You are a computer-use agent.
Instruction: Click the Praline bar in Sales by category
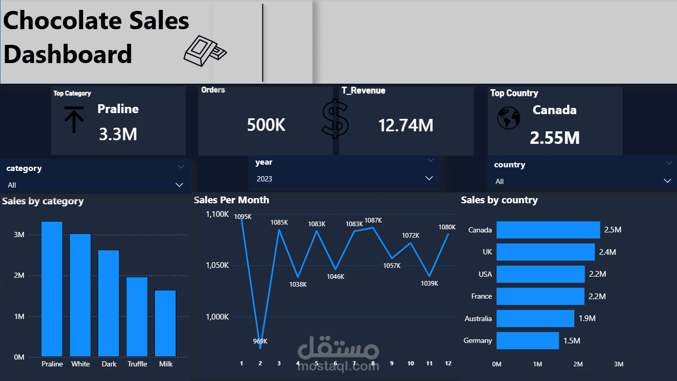pos(52,289)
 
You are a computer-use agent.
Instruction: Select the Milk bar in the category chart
pos(165,323)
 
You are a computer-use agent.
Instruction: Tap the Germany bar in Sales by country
pos(527,340)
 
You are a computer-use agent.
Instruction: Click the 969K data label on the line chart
pos(260,341)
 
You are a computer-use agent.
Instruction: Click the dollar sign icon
pos(335,119)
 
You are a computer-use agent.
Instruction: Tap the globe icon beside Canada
pos(508,118)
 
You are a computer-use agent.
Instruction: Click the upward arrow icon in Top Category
pos(74,119)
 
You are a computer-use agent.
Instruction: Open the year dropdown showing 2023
pos(344,178)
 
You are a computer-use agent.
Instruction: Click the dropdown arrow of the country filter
pos(667,181)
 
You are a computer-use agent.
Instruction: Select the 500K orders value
pos(266,125)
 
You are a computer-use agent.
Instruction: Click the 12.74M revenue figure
pos(406,125)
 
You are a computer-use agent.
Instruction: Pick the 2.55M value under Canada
pos(554,138)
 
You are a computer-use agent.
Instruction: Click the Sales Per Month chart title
pos(231,200)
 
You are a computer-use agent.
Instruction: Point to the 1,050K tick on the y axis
pos(217,265)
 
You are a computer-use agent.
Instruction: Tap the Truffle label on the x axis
pos(137,364)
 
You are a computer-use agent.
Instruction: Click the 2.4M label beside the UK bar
pos(607,252)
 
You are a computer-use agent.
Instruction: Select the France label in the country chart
pos(481,296)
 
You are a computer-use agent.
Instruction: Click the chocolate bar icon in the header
pos(205,51)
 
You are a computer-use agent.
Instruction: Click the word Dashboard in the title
pos(68,54)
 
